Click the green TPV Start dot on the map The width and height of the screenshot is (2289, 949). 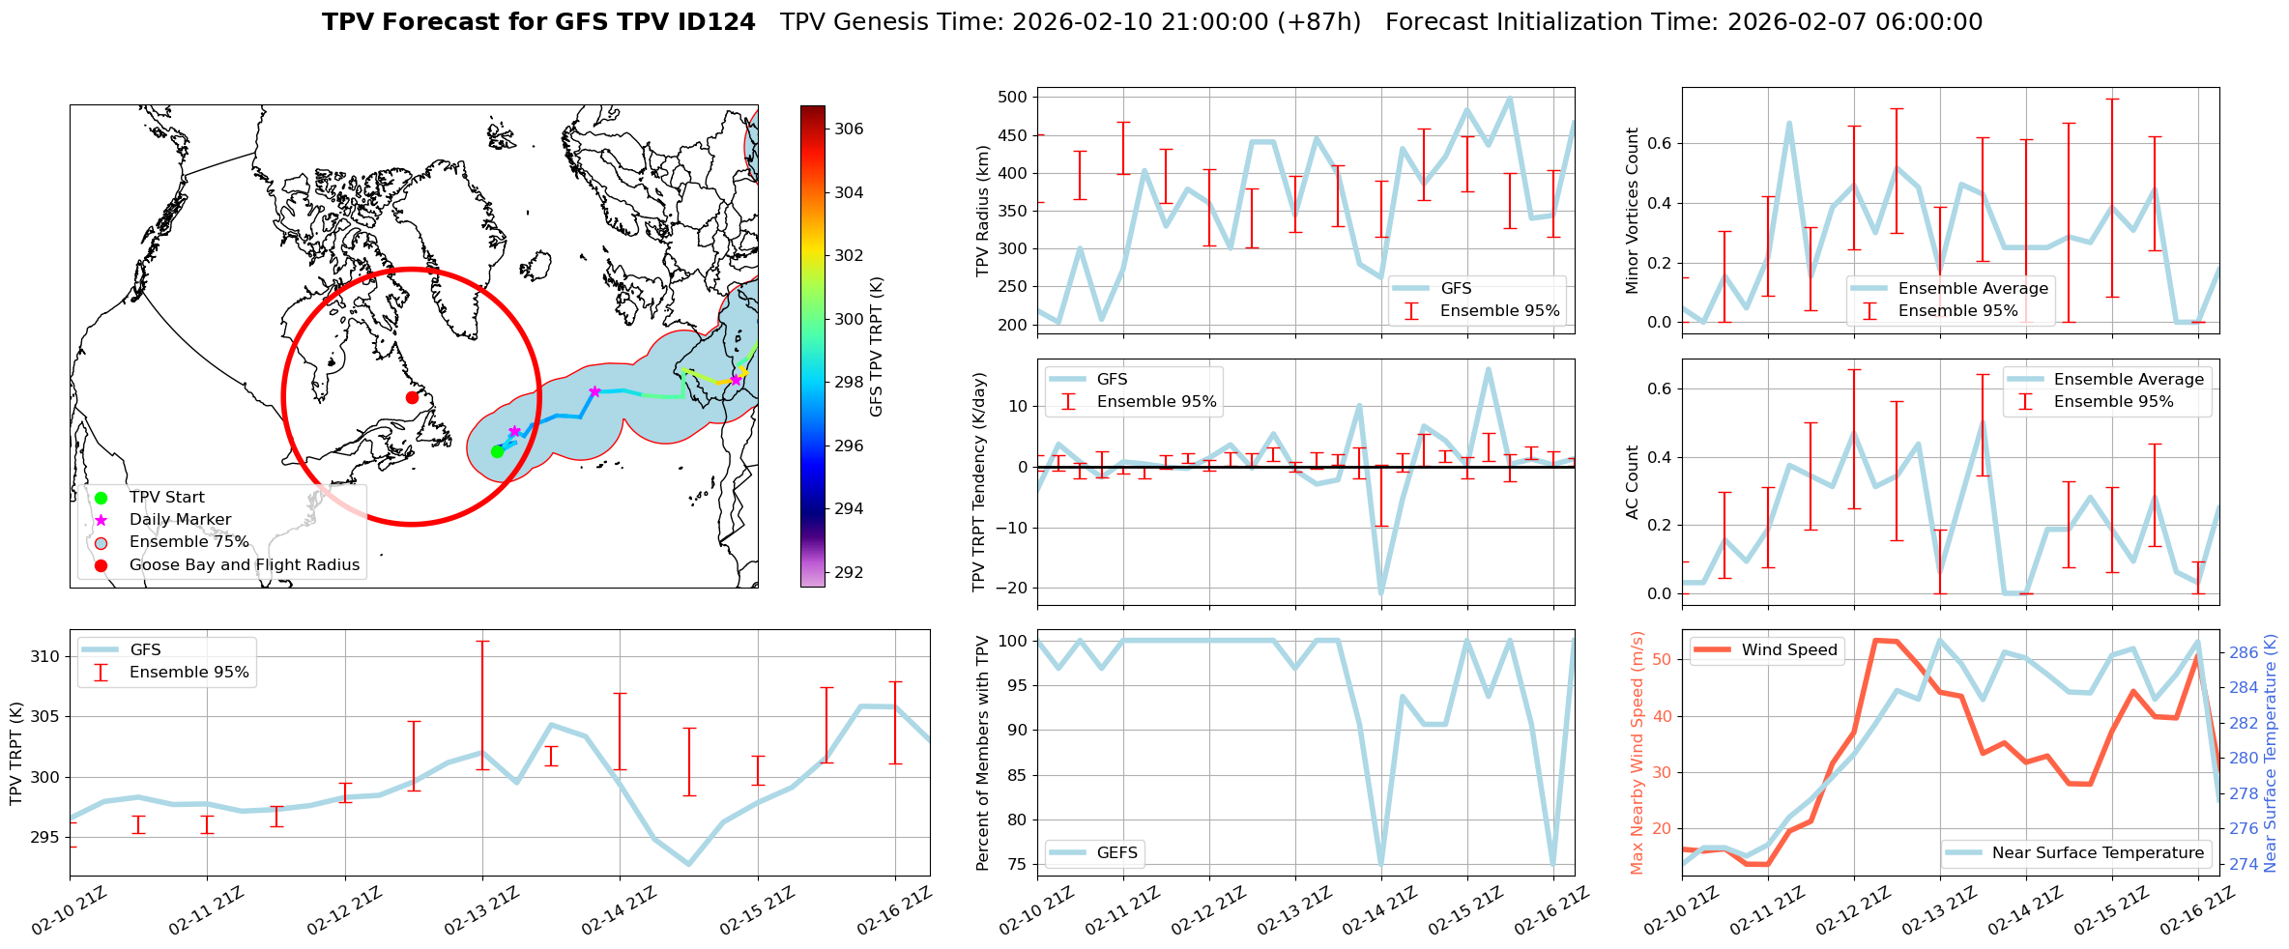(x=497, y=451)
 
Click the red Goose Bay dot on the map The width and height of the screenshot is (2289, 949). (x=412, y=397)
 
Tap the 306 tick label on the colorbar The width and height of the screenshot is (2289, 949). (x=849, y=129)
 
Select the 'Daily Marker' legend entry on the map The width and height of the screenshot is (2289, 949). (x=180, y=520)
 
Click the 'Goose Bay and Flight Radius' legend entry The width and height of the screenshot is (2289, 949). (x=244, y=565)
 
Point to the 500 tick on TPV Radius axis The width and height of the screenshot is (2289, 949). (x=1012, y=97)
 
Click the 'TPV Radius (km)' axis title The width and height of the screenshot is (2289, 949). (x=983, y=211)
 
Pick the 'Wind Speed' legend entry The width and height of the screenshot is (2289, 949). (x=1788, y=650)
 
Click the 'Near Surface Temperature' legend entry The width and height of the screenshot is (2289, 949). (x=2098, y=853)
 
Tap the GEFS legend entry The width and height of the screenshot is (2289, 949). (x=1116, y=853)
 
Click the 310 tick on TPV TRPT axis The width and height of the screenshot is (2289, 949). (x=44, y=657)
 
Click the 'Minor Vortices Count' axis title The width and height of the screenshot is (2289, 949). (x=1633, y=211)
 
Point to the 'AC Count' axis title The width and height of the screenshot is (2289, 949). (x=1633, y=482)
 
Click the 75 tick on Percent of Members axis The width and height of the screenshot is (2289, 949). (x=1016, y=865)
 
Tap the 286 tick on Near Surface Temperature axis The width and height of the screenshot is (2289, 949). (x=2244, y=652)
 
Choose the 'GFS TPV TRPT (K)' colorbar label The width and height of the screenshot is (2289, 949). (x=877, y=347)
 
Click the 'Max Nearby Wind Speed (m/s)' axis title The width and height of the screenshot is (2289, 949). (x=1637, y=753)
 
